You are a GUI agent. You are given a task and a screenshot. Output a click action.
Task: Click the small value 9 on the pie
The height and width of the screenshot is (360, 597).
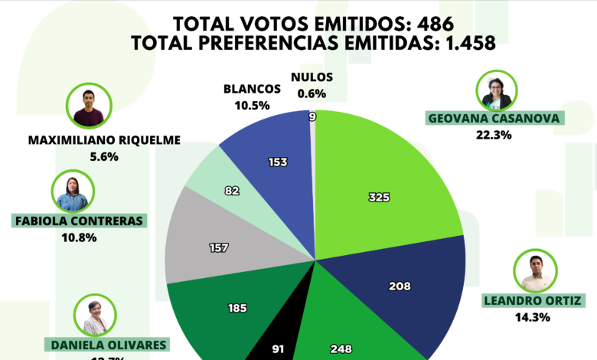(312, 116)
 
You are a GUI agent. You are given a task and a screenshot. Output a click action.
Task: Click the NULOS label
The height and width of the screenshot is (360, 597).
(312, 78)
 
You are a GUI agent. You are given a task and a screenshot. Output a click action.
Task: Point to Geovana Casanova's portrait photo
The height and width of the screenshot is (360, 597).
(496, 91)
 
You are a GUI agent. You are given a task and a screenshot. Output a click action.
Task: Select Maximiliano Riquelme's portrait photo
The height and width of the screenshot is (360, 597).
(89, 106)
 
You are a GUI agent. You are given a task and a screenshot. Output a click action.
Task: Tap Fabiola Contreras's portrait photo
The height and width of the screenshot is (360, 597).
(73, 191)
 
